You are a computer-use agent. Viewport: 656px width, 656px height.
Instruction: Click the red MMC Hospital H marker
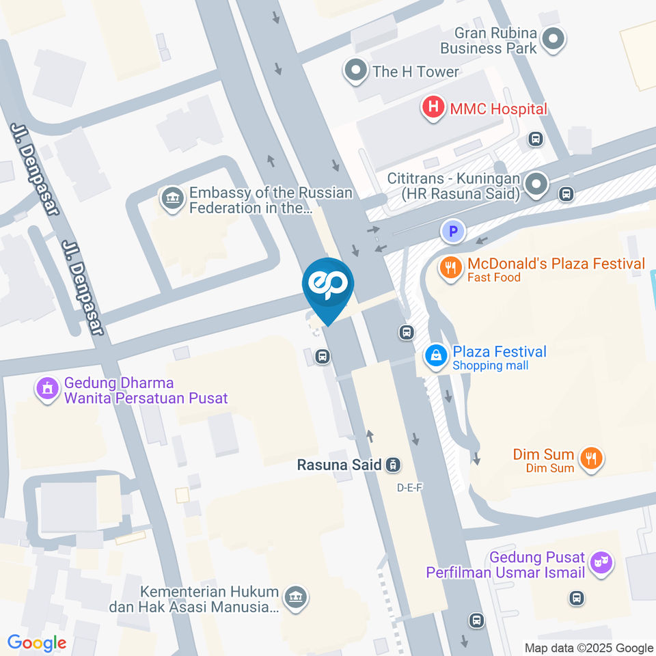[x=432, y=108]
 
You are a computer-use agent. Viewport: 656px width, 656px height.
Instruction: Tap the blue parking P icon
[x=452, y=232]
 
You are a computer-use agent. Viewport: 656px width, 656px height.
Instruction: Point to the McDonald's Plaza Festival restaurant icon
[x=450, y=268]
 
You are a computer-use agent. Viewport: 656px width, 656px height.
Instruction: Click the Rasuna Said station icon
[x=392, y=465]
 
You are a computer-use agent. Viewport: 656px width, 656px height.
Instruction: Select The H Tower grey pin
[x=355, y=70]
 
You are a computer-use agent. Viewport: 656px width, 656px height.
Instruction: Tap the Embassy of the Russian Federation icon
[x=172, y=199]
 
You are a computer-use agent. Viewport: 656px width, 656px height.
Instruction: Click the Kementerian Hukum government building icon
[x=295, y=597]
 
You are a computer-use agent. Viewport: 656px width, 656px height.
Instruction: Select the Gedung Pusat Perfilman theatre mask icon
[x=601, y=562]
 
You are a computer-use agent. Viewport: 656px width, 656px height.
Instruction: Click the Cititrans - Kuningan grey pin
[x=537, y=183]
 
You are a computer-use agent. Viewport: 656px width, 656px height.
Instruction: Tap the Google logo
[x=37, y=643]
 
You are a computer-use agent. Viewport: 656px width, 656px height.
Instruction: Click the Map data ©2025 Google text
[x=589, y=648]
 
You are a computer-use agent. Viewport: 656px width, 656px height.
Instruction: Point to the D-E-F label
[x=410, y=488]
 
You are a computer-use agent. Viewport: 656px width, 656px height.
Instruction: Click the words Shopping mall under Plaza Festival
[x=490, y=366]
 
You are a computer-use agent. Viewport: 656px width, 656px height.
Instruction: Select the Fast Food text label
[x=493, y=277]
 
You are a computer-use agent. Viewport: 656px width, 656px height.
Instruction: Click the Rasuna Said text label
[x=339, y=465]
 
